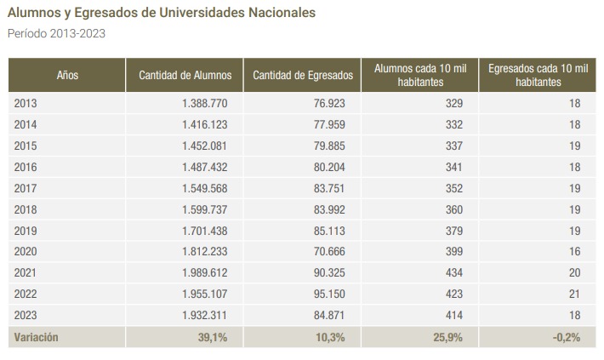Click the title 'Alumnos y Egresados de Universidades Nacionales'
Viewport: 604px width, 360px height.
pos(161,14)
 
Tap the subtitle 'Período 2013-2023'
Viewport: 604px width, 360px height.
pos(56,34)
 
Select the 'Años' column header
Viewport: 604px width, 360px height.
pos(67,75)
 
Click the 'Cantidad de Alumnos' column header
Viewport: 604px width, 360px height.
pos(185,75)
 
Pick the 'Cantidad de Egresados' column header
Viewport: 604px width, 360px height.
pos(303,75)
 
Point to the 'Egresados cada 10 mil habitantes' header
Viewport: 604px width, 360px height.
pos(538,75)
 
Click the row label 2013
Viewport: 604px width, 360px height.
pos(26,103)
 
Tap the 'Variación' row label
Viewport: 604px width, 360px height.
pos(37,337)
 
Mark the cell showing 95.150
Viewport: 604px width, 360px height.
pos(327,294)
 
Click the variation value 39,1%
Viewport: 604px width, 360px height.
pos(213,337)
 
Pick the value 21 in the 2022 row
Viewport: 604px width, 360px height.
pos(573,294)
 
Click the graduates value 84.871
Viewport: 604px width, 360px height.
pos(327,316)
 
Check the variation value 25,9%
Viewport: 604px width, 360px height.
pos(447,337)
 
